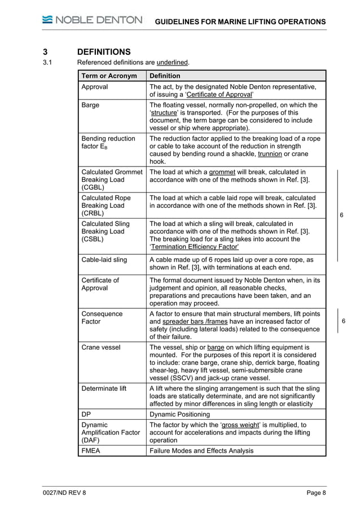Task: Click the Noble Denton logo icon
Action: pos(46,20)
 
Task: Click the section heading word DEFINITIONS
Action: pos(104,51)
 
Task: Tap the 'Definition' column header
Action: pos(165,76)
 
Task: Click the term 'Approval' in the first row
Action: pos(95,87)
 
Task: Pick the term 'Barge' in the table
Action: pos(91,105)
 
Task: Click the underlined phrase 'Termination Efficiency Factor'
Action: pos(195,247)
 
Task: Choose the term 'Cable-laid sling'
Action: pos(104,260)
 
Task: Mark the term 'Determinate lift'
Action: pos(107,389)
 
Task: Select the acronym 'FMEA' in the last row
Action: pos(92,451)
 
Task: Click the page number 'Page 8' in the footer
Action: pos(316,494)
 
